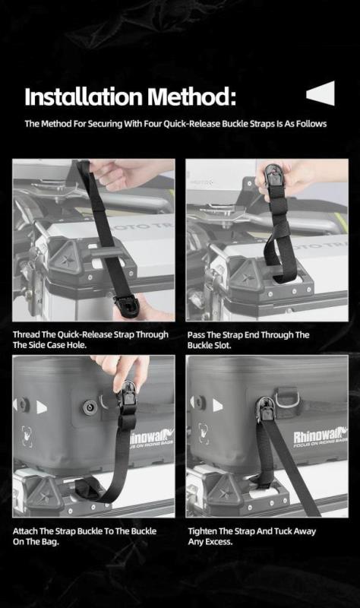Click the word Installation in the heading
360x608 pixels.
(83, 97)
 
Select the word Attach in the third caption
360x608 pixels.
(26, 531)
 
